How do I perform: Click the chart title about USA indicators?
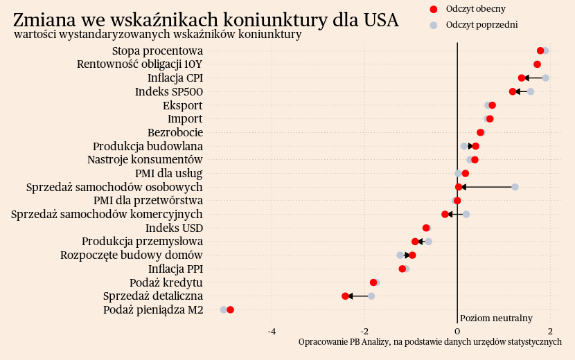point(206,19)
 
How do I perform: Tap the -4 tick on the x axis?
point(272,331)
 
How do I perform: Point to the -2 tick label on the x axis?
point(364,331)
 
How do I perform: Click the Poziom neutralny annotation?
point(496,318)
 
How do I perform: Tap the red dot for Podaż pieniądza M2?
point(230,309)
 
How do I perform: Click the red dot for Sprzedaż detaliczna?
point(345,296)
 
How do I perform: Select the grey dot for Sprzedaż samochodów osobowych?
point(515,187)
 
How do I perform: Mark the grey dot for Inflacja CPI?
point(545,78)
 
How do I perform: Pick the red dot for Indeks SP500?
point(513,91)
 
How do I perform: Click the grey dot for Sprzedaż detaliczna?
point(371,296)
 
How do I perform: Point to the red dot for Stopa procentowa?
point(540,51)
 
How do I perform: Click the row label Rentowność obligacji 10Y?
point(140,64)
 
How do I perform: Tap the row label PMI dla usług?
point(168,173)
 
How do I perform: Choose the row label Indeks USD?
point(174,228)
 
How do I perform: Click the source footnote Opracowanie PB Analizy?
point(430,342)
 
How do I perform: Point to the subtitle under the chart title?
point(157,34)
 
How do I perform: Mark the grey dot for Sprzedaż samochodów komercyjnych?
point(466,214)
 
